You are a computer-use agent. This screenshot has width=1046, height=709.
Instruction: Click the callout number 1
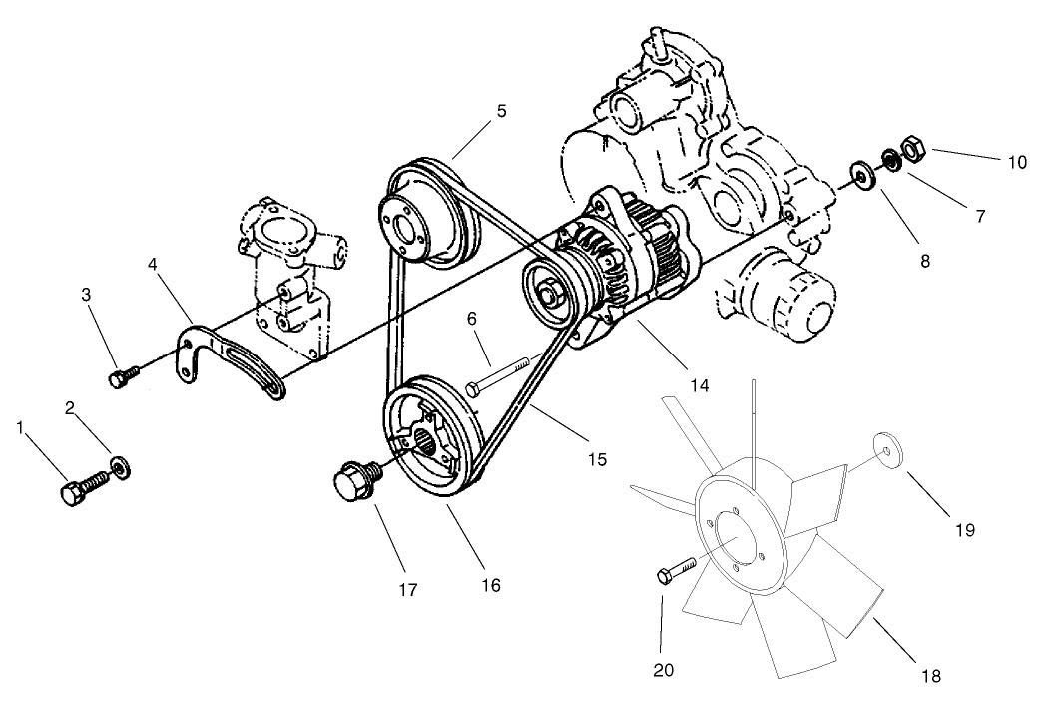point(19,427)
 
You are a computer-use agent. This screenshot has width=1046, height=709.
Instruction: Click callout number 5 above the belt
point(500,111)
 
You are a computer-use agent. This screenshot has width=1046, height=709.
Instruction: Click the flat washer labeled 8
point(858,173)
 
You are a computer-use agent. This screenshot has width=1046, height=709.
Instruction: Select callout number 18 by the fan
point(932,676)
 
